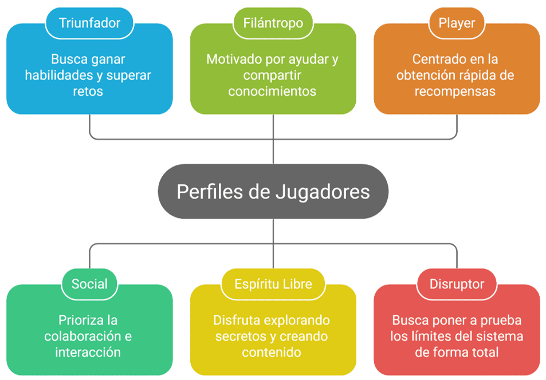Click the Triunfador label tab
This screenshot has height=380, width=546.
click(x=89, y=23)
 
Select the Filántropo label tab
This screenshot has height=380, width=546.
click(x=273, y=23)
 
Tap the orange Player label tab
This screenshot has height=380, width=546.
click(x=457, y=23)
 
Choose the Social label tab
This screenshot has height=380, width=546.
click(x=89, y=284)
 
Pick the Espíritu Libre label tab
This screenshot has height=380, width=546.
click(x=273, y=284)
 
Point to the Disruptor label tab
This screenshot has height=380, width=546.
click(x=457, y=284)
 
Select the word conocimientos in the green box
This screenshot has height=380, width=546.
click(x=272, y=91)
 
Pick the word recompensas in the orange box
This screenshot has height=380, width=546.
click(x=457, y=91)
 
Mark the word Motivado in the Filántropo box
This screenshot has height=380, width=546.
click(x=231, y=59)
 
